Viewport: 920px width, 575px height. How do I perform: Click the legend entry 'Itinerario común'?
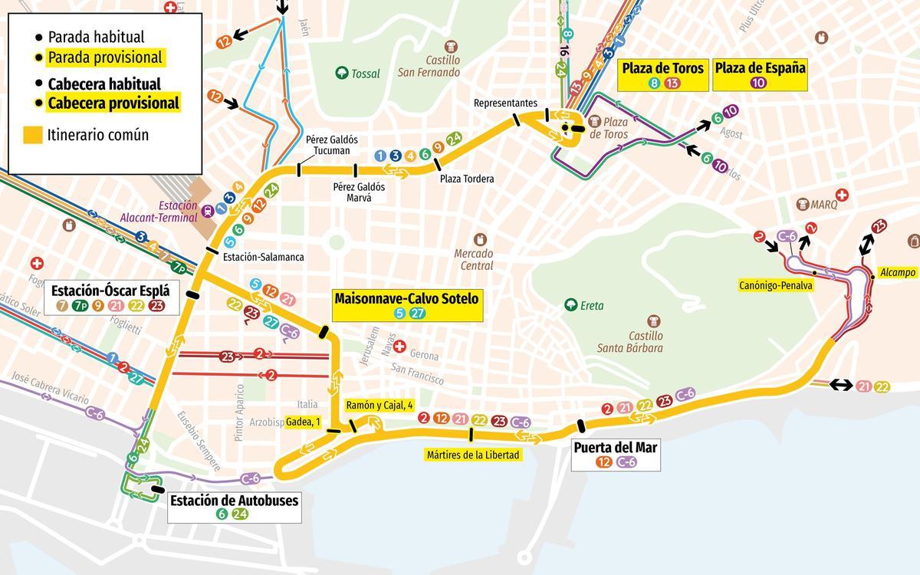[97, 135]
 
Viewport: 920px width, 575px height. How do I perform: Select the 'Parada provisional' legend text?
[105, 58]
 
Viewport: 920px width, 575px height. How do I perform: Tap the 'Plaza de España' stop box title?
[760, 67]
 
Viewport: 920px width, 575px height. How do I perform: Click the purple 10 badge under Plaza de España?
[759, 84]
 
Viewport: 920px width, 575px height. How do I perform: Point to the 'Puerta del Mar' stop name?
[615, 447]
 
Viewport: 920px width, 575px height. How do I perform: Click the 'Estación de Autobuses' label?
[234, 501]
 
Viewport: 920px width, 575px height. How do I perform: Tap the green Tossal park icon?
[341, 74]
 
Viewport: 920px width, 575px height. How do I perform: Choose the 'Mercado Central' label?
[474, 259]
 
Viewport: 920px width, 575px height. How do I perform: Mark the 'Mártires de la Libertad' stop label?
[473, 455]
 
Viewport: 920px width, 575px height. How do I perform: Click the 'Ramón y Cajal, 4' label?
[379, 405]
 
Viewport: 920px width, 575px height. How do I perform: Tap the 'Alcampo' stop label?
[898, 272]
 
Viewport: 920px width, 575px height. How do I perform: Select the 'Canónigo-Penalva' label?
[774, 285]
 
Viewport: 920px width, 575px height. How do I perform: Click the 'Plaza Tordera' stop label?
[467, 179]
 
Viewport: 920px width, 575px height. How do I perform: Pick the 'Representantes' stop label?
[505, 103]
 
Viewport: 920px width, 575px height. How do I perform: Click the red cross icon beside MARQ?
[841, 195]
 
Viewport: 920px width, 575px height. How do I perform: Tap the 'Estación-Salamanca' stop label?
[263, 258]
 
